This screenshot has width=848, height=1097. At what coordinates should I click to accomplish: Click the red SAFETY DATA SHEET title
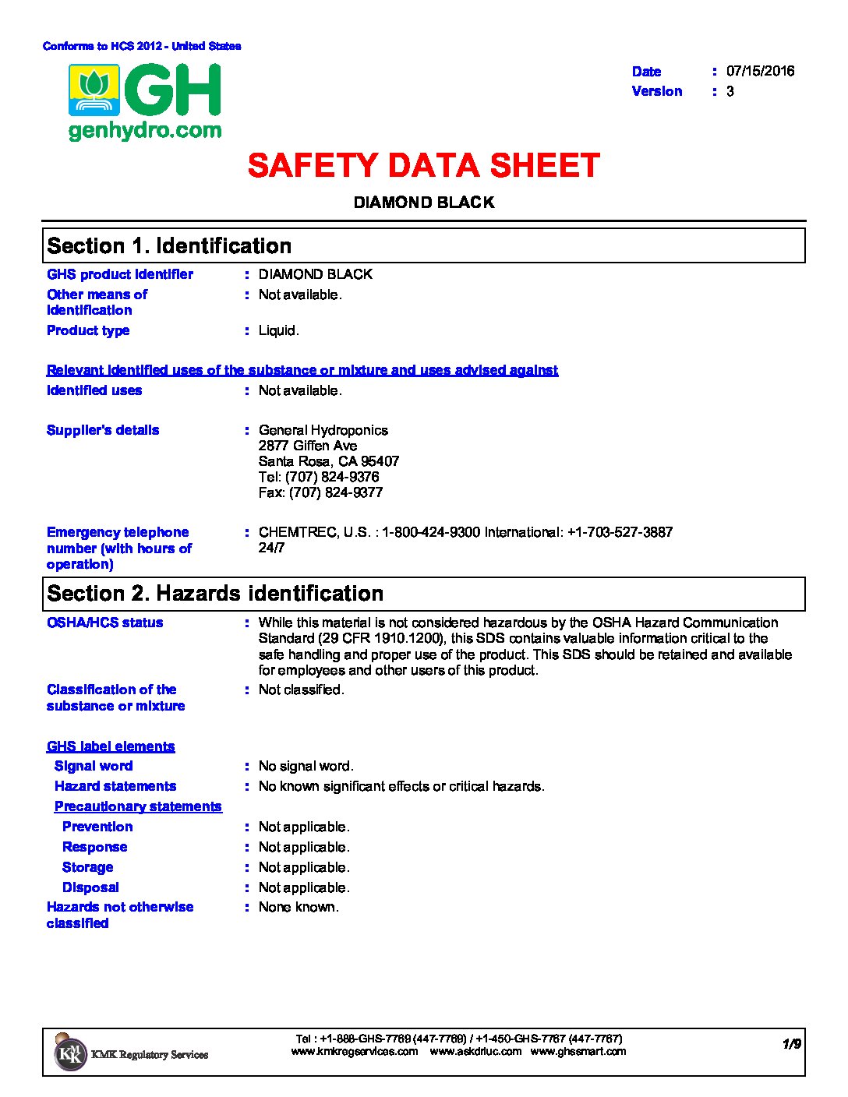click(423, 166)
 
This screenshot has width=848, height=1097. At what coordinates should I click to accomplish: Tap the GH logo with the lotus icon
click(146, 91)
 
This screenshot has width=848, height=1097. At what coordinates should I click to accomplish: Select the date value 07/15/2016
click(760, 71)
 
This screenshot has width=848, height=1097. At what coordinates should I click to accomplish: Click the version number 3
click(730, 91)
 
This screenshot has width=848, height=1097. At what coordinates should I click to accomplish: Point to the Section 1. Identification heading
click(169, 246)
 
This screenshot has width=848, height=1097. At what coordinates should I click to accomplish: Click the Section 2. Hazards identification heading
click(215, 594)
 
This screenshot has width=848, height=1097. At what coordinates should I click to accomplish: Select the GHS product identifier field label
click(120, 274)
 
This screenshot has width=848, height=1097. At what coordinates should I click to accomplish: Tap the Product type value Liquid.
click(278, 330)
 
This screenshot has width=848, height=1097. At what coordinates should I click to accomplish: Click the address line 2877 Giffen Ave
click(308, 446)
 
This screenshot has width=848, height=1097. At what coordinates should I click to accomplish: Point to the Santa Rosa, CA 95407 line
click(328, 461)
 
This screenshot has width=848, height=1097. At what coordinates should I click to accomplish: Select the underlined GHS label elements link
click(111, 746)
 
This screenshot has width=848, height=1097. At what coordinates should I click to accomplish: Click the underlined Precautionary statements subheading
click(138, 806)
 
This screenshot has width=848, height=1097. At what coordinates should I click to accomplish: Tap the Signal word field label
click(94, 766)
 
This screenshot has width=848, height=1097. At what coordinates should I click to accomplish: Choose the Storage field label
click(87, 867)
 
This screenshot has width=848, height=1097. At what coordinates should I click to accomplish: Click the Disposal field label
click(90, 887)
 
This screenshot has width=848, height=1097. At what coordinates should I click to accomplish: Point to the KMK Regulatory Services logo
click(131, 1053)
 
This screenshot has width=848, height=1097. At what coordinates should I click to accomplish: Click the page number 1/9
click(791, 1044)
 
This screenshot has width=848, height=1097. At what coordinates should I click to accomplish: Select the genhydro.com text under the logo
click(145, 131)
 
